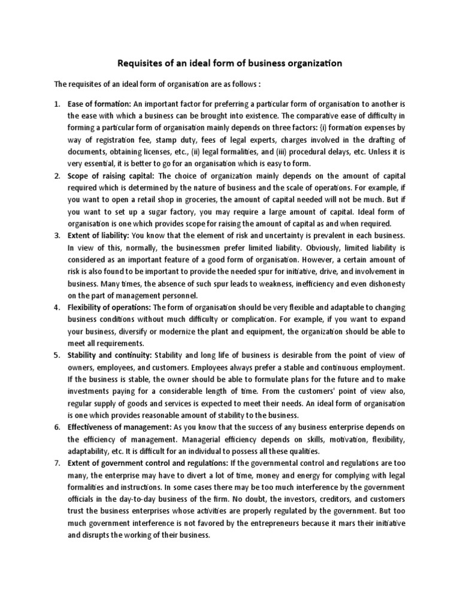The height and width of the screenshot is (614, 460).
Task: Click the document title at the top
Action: coord(230,62)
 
